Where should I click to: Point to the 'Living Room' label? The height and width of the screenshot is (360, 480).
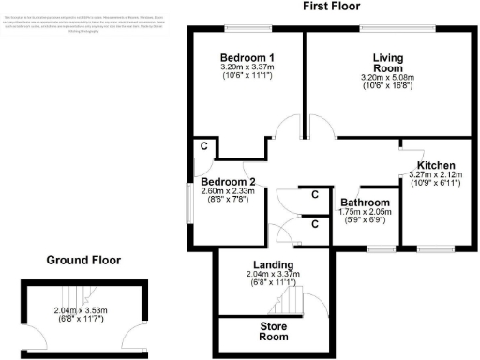(387, 63)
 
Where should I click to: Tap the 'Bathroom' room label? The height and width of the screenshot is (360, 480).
(365, 202)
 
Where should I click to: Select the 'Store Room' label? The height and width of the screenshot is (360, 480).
(273, 331)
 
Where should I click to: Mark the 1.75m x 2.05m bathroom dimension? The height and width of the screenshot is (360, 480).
(365, 213)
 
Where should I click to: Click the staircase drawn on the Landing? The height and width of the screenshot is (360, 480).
(285, 302)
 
